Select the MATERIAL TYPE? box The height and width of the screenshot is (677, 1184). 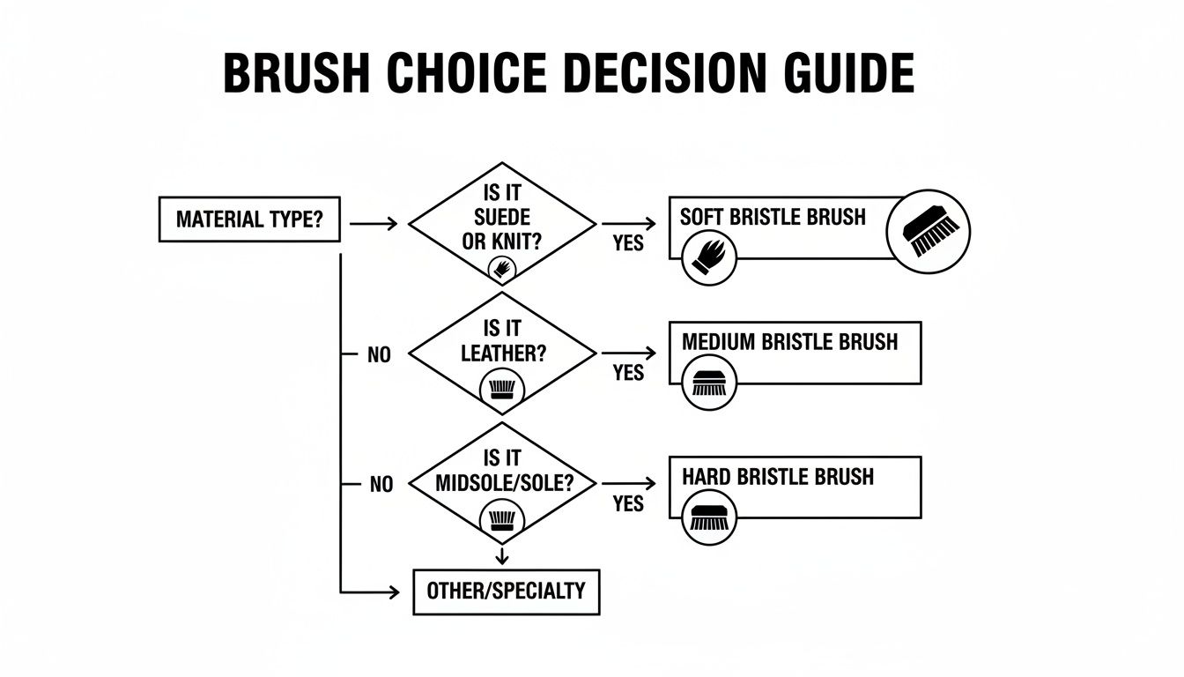[x=248, y=219]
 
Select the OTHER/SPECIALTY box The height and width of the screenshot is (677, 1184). [x=506, y=591]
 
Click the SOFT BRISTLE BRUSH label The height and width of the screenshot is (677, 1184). [x=773, y=217]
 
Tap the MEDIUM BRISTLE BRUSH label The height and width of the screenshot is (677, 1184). [x=789, y=342]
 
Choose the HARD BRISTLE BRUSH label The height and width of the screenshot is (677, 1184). [x=778, y=477]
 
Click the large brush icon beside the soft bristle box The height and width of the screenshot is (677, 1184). [x=929, y=230]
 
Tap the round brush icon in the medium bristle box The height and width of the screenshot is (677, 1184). [x=708, y=384]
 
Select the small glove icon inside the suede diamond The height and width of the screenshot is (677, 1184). [x=501, y=268]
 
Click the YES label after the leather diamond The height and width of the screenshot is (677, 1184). [x=627, y=373]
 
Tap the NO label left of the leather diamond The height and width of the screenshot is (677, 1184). [x=379, y=356]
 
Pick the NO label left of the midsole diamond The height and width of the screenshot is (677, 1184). [x=381, y=485]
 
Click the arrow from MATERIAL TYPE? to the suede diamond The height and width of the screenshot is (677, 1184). [x=374, y=224]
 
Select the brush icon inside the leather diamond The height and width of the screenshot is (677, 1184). [x=501, y=388]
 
